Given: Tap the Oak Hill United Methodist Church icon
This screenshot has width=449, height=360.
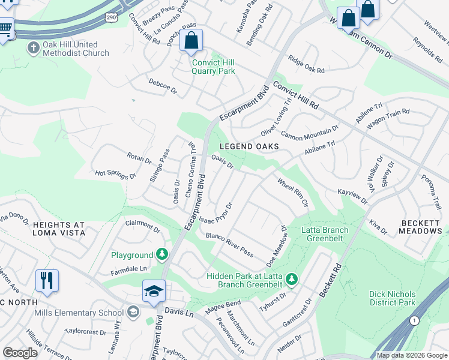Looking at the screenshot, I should (x=34, y=48).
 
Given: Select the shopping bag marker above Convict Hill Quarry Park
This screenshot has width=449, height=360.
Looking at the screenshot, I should (x=191, y=41).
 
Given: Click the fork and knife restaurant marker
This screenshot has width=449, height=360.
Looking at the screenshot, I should (x=47, y=280).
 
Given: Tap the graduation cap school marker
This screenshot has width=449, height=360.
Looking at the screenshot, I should (x=154, y=291).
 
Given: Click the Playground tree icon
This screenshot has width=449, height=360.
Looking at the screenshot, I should (x=161, y=255).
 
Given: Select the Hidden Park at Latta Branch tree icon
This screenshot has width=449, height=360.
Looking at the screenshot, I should (x=291, y=279).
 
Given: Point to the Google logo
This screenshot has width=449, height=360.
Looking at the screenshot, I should (x=20, y=353).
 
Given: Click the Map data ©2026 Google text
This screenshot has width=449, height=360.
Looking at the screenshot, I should (x=411, y=355).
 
